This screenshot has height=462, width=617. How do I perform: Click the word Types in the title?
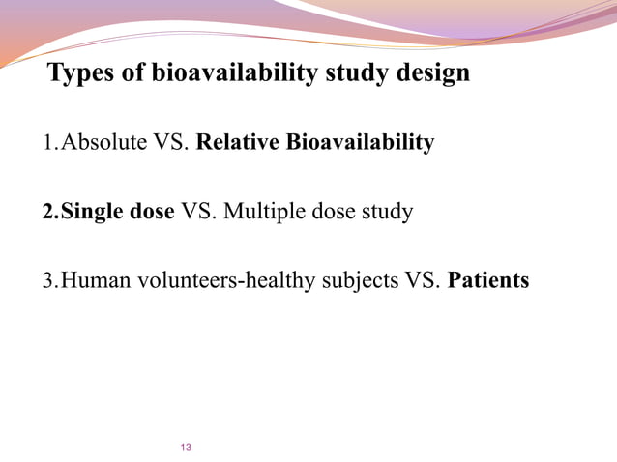(x=81, y=73)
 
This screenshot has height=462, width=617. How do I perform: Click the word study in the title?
(x=344, y=73)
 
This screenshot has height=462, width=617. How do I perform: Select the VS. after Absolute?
(x=169, y=143)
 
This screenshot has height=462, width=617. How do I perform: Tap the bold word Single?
(x=92, y=212)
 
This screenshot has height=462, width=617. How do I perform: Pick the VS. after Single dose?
(x=199, y=212)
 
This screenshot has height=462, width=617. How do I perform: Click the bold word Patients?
(x=488, y=280)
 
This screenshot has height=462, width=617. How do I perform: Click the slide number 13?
(x=187, y=447)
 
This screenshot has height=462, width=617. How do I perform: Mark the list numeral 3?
(x=47, y=280)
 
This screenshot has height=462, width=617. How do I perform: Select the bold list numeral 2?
(x=47, y=212)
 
